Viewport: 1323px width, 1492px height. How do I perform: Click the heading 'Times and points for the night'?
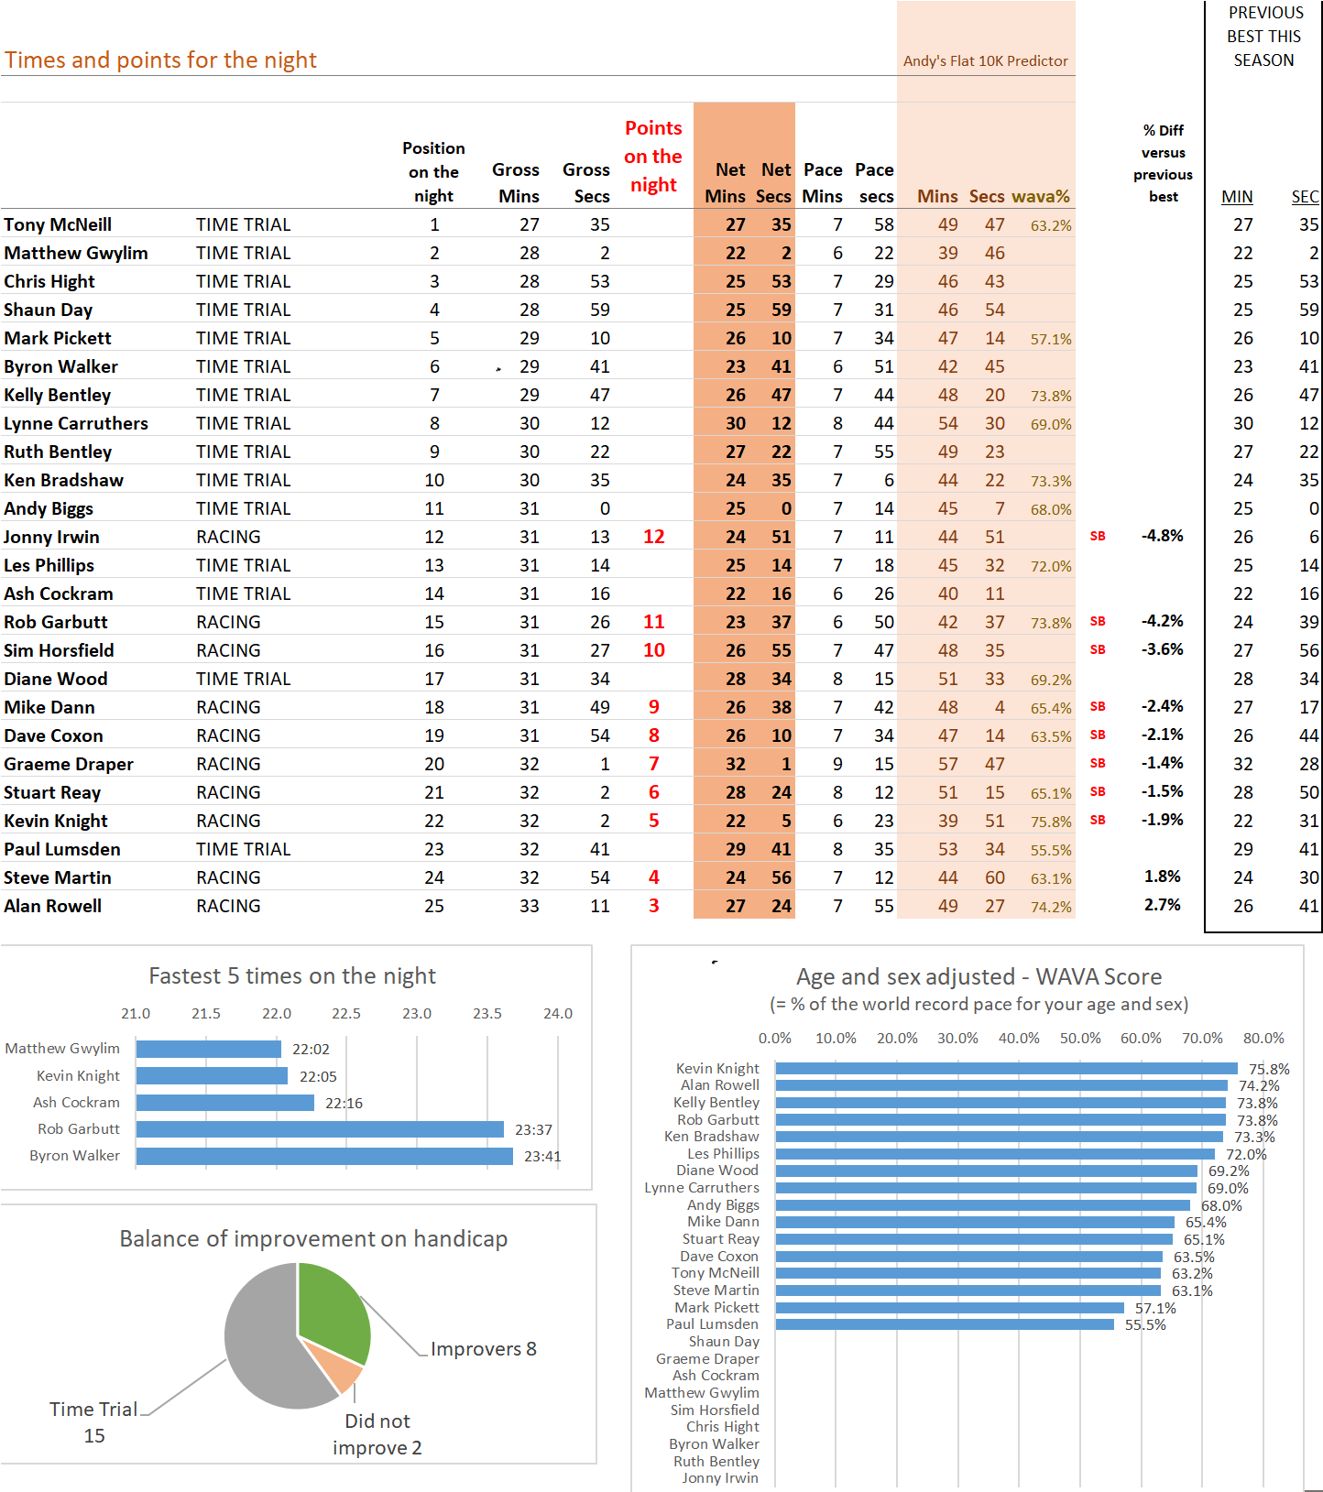(x=160, y=60)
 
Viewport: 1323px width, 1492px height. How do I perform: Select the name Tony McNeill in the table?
(x=58, y=224)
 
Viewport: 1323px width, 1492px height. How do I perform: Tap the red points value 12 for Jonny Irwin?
(x=653, y=537)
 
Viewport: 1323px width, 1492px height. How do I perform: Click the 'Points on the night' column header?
(x=653, y=157)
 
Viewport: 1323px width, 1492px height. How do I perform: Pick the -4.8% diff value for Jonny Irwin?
(x=1162, y=536)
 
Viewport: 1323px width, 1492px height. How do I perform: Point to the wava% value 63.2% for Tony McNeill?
(x=1051, y=225)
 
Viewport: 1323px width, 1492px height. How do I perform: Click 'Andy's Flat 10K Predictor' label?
(x=985, y=61)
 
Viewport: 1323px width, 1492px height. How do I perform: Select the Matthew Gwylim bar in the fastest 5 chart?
(x=209, y=1049)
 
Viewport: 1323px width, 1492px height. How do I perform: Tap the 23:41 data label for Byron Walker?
(x=542, y=1157)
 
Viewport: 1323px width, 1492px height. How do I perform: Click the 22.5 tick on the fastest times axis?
(x=346, y=1014)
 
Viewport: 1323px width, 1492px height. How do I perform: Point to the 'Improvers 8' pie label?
(x=484, y=1349)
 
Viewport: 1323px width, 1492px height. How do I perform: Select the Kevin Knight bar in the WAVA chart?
(x=1006, y=1068)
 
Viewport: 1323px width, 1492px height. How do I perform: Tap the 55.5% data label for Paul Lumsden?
(x=1145, y=1325)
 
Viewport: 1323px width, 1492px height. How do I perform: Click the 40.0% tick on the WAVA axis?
(x=1019, y=1039)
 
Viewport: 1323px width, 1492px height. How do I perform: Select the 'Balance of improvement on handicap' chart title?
(x=313, y=1239)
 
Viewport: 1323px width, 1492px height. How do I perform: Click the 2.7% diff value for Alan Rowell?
(x=1162, y=905)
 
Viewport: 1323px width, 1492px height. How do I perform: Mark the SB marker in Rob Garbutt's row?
(x=1098, y=621)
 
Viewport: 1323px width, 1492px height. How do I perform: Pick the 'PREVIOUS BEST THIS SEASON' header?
(x=1264, y=37)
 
